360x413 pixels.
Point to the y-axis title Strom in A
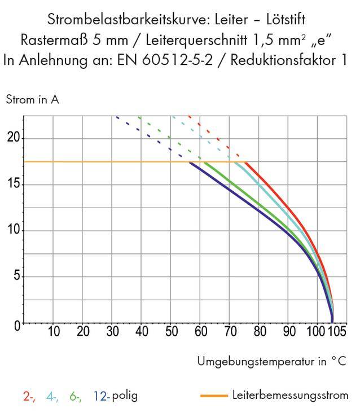coord(32,100)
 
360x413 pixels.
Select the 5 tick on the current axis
coord(16,277)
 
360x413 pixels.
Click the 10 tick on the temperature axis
coord(53,332)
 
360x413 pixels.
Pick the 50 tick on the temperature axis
coord(171,332)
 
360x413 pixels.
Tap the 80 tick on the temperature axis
coord(259,332)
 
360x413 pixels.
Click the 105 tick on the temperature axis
coord(336,332)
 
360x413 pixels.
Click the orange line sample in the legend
coord(214,396)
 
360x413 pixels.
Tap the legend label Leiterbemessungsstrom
coord(290,396)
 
